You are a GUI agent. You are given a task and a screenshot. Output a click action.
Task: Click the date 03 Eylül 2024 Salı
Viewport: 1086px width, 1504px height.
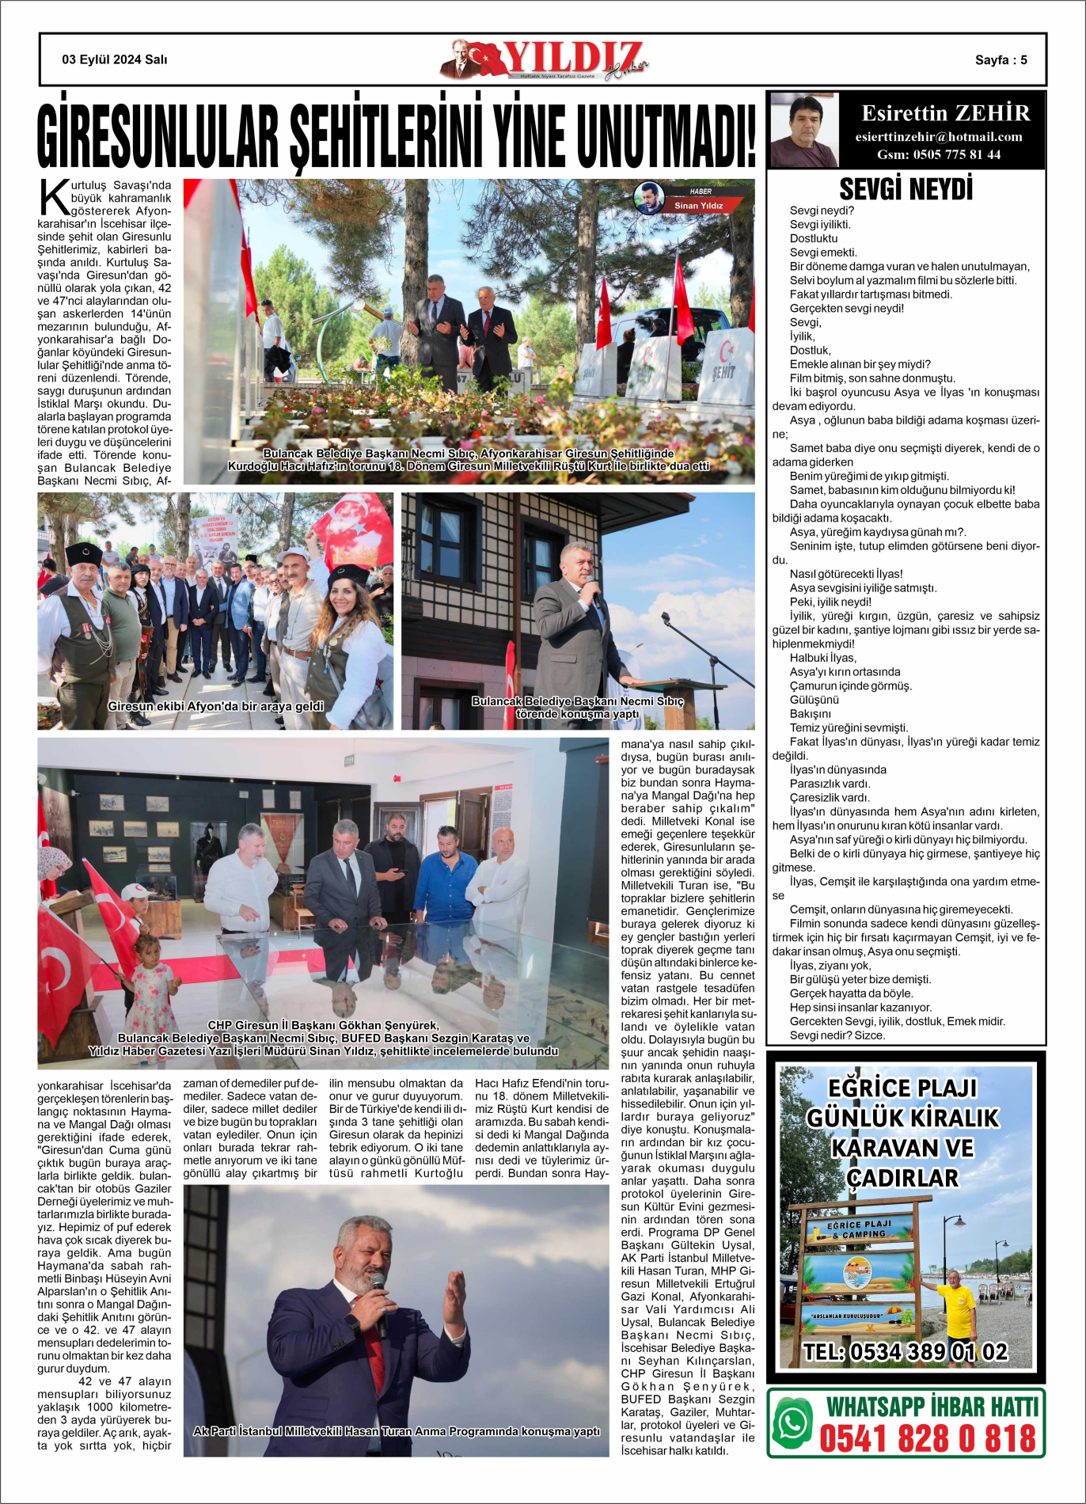pyautogui.click(x=115, y=59)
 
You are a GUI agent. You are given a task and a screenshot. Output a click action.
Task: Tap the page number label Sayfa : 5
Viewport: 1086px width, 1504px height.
pyautogui.click(x=1001, y=60)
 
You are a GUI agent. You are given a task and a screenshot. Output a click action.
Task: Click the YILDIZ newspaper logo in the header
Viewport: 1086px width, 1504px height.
pyautogui.click(x=546, y=59)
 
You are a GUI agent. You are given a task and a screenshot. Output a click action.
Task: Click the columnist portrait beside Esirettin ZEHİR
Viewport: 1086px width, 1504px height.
pyautogui.click(x=803, y=130)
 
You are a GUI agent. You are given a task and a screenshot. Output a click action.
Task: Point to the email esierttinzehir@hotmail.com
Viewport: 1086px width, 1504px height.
pyautogui.click(x=939, y=137)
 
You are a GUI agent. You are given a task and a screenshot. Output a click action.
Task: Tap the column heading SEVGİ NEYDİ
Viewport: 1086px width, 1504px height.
pyautogui.click(x=906, y=189)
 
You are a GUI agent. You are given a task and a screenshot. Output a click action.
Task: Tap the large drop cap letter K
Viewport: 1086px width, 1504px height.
pyautogui.click(x=54, y=198)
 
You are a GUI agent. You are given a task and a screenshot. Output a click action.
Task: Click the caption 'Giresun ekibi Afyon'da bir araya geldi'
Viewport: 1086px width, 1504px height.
pyautogui.click(x=215, y=706)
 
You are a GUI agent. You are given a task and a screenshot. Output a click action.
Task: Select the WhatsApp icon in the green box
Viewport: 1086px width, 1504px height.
pyautogui.click(x=792, y=1422)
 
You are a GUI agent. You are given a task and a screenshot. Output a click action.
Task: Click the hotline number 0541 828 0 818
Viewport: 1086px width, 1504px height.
pyautogui.click(x=927, y=1438)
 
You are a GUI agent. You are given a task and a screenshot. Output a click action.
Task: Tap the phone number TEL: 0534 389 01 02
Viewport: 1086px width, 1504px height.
pyautogui.click(x=906, y=1352)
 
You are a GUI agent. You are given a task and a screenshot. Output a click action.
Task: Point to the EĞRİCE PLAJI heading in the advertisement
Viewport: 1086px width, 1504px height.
pyautogui.click(x=902, y=1088)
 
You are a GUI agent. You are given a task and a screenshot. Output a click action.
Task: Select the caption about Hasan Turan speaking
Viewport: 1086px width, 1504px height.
pyautogui.click(x=397, y=1431)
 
